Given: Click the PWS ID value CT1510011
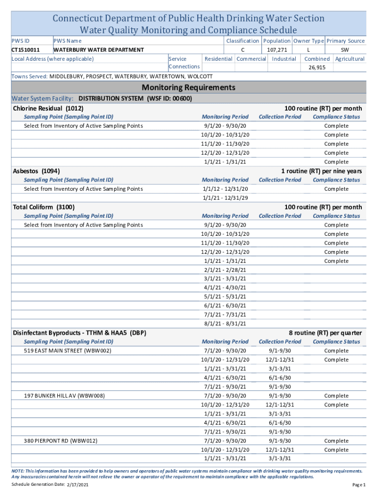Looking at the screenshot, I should coord(25,50).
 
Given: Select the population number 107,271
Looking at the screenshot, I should coord(277,50).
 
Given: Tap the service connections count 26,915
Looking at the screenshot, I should coord(317,68).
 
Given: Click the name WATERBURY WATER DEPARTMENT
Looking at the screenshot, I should coord(98,50).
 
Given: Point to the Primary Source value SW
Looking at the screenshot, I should coord(345,50).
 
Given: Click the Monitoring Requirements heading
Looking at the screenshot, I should coord(188,88).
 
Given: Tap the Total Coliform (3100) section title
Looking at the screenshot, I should coord(44,207).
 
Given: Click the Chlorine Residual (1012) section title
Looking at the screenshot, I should coord(48,108).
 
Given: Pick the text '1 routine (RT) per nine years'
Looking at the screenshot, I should coord(321,171).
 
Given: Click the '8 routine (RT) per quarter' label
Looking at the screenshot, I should coord(325,333).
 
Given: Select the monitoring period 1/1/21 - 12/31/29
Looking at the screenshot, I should coord(225,198).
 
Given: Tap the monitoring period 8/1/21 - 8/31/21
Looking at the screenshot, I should coord(225,323).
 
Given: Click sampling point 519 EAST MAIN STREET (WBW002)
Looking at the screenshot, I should coord(68,351).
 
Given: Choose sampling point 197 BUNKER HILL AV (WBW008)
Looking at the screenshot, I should coord(64,395).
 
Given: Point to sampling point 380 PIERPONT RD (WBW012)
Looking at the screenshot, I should coord(61,441).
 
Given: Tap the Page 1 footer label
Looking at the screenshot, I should coord(359,484).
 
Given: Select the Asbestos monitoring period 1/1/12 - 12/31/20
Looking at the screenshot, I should coord(225,189).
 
